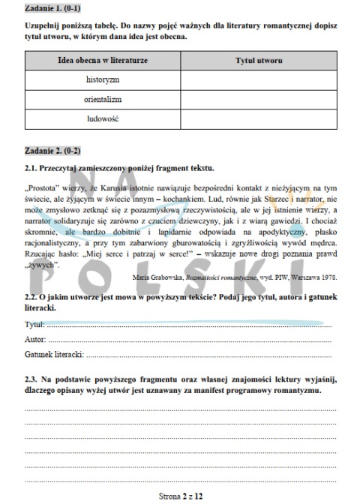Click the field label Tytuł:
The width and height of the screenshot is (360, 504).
pyautogui.click(x=34, y=325)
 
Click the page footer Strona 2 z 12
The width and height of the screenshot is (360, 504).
pyautogui.click(x=180, y=495)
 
